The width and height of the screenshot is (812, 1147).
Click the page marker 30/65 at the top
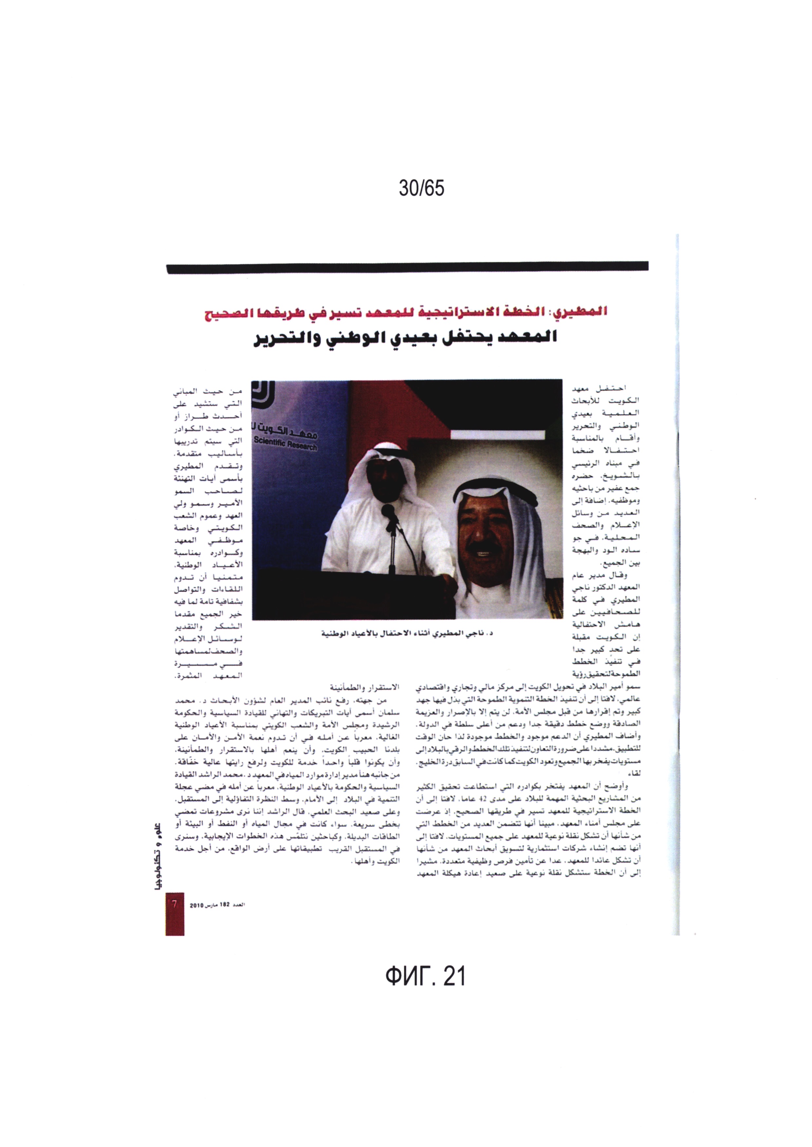[x=421, y=188]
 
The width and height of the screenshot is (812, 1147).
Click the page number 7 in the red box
[x=175, y=905]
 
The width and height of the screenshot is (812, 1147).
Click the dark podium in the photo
[x=350, y=595]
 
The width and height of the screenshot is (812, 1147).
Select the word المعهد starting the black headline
[x=527, y=338]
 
